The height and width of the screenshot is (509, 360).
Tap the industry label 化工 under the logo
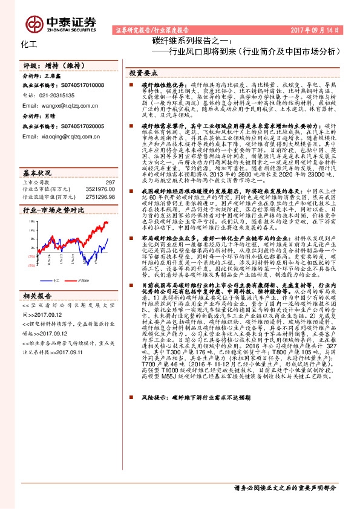pos(28,45)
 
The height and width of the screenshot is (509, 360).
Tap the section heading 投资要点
pos(144,72)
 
